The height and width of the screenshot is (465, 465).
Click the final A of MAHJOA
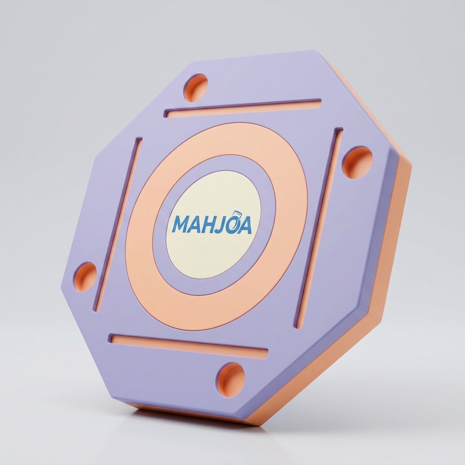[x=245, y=226]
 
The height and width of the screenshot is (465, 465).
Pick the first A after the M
[x=196, y=224]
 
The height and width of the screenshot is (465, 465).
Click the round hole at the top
[x=195, y=88]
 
